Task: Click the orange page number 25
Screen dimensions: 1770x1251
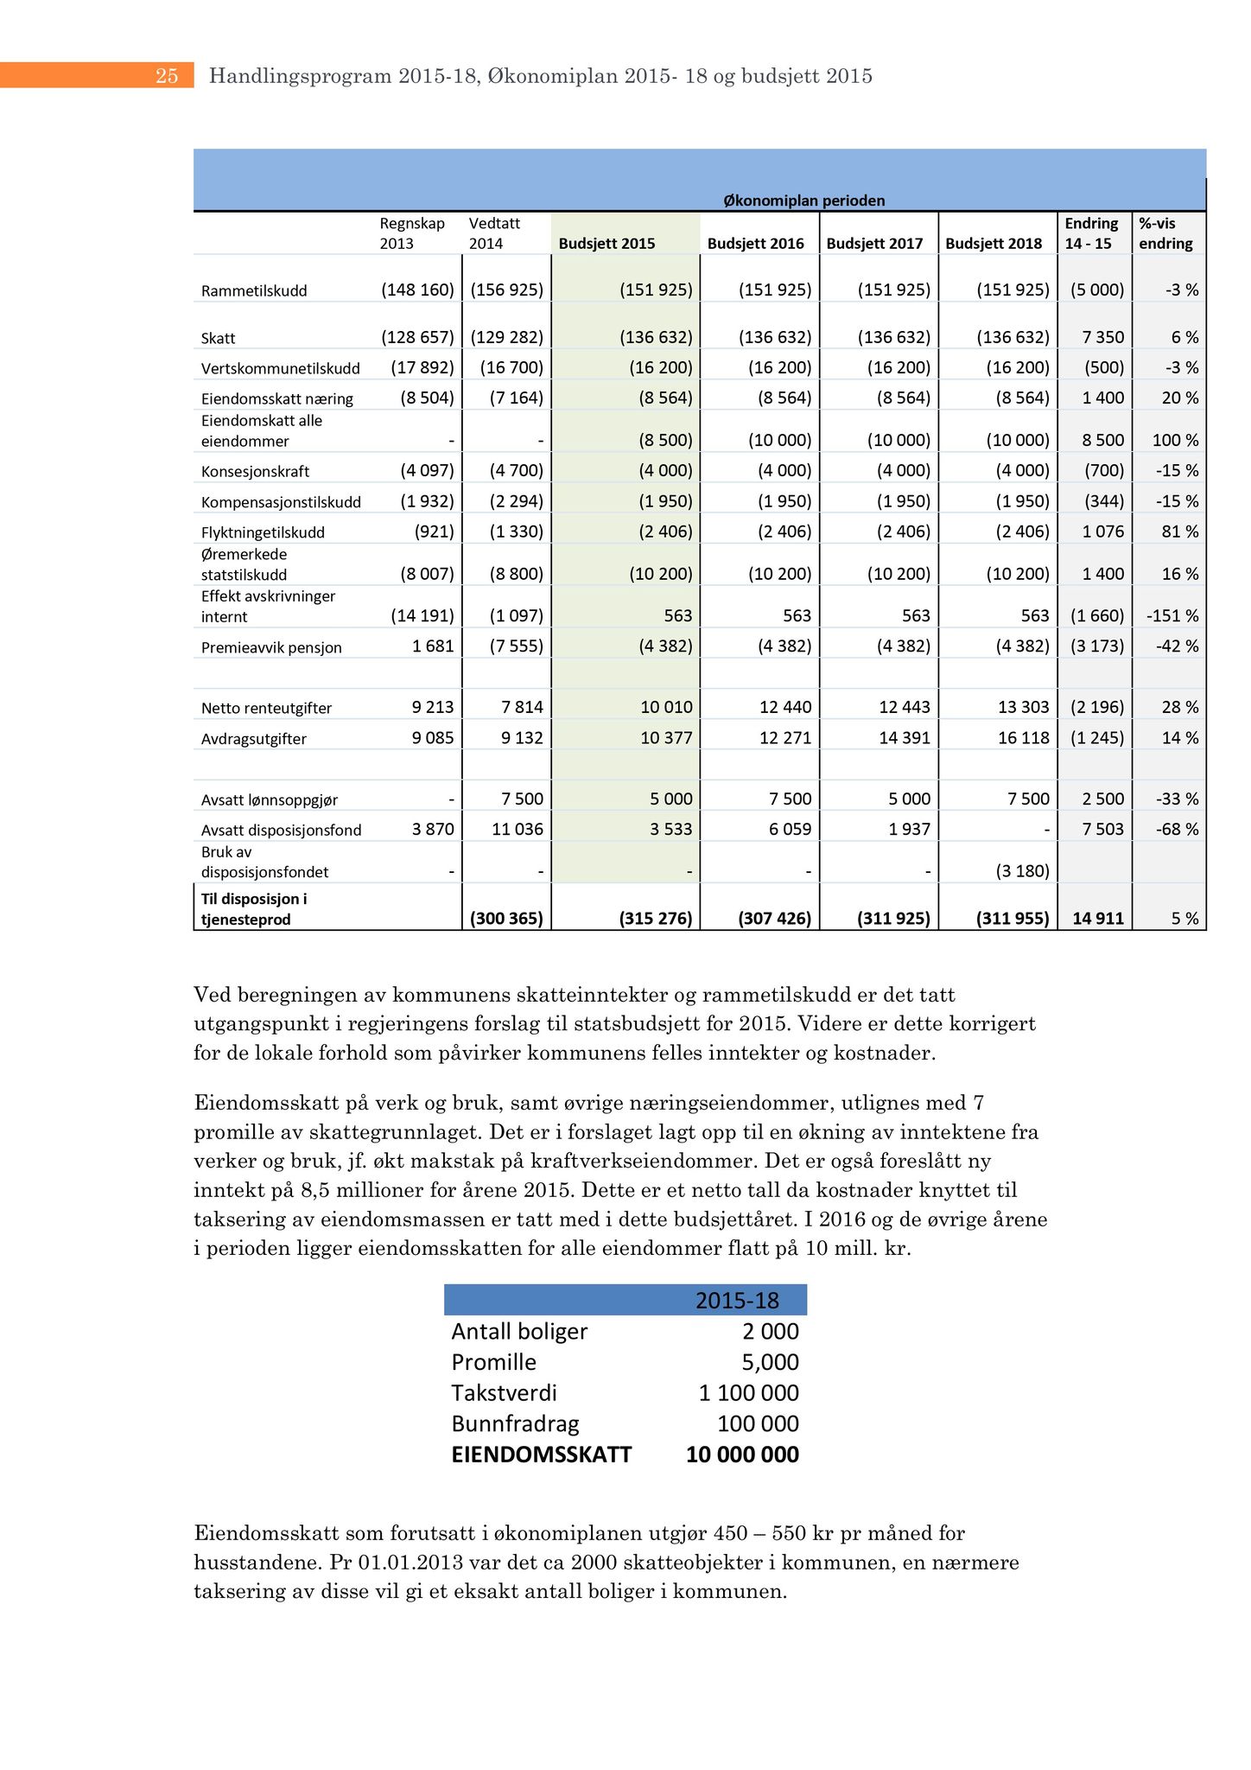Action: (167, 76)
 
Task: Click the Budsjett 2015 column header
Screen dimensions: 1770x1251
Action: (606, 244)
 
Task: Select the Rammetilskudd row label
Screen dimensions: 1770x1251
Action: (254, 291)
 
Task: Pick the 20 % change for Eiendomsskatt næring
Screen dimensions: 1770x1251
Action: (1180, 398)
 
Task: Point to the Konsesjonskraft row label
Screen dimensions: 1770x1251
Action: (255, 472)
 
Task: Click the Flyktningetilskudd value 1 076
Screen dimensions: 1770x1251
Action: (1103, 532)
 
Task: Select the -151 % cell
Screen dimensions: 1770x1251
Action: (1172, 616)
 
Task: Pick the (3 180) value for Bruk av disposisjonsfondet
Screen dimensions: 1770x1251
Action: (1022, 871)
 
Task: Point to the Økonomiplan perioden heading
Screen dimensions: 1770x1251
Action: (803, 201)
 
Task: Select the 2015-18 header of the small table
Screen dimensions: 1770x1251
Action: (737, 1300)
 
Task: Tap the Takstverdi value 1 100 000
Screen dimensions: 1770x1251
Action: (748, 1393)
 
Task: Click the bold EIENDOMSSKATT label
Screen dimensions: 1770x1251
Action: (541, 1455)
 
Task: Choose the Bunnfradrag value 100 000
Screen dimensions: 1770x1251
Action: (758, 1423)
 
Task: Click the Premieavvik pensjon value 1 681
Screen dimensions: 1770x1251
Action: (432, 646)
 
